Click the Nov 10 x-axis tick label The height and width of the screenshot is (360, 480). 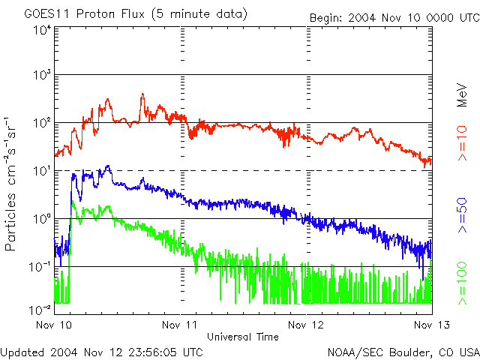click(x=54, y=325)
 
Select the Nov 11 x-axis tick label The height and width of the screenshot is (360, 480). click(x=181, y=325)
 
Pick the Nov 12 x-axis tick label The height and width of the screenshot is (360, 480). click(x=306, y=325)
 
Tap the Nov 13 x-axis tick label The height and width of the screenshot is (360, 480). click(x=432, y=325)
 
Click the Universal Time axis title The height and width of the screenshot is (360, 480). click(x=243, y=337)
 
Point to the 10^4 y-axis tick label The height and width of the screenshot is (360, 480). click(x=42, y=30)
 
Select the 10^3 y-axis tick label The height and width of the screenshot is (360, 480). click(x=42, y=76)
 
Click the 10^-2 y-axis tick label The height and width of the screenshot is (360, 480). click(x=40, y=309)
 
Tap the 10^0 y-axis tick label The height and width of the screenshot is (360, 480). click(x=42, y=219)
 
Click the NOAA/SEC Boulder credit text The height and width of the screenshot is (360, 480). click(x=403, y=351)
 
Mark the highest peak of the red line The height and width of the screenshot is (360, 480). click(x=142, y=94)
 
